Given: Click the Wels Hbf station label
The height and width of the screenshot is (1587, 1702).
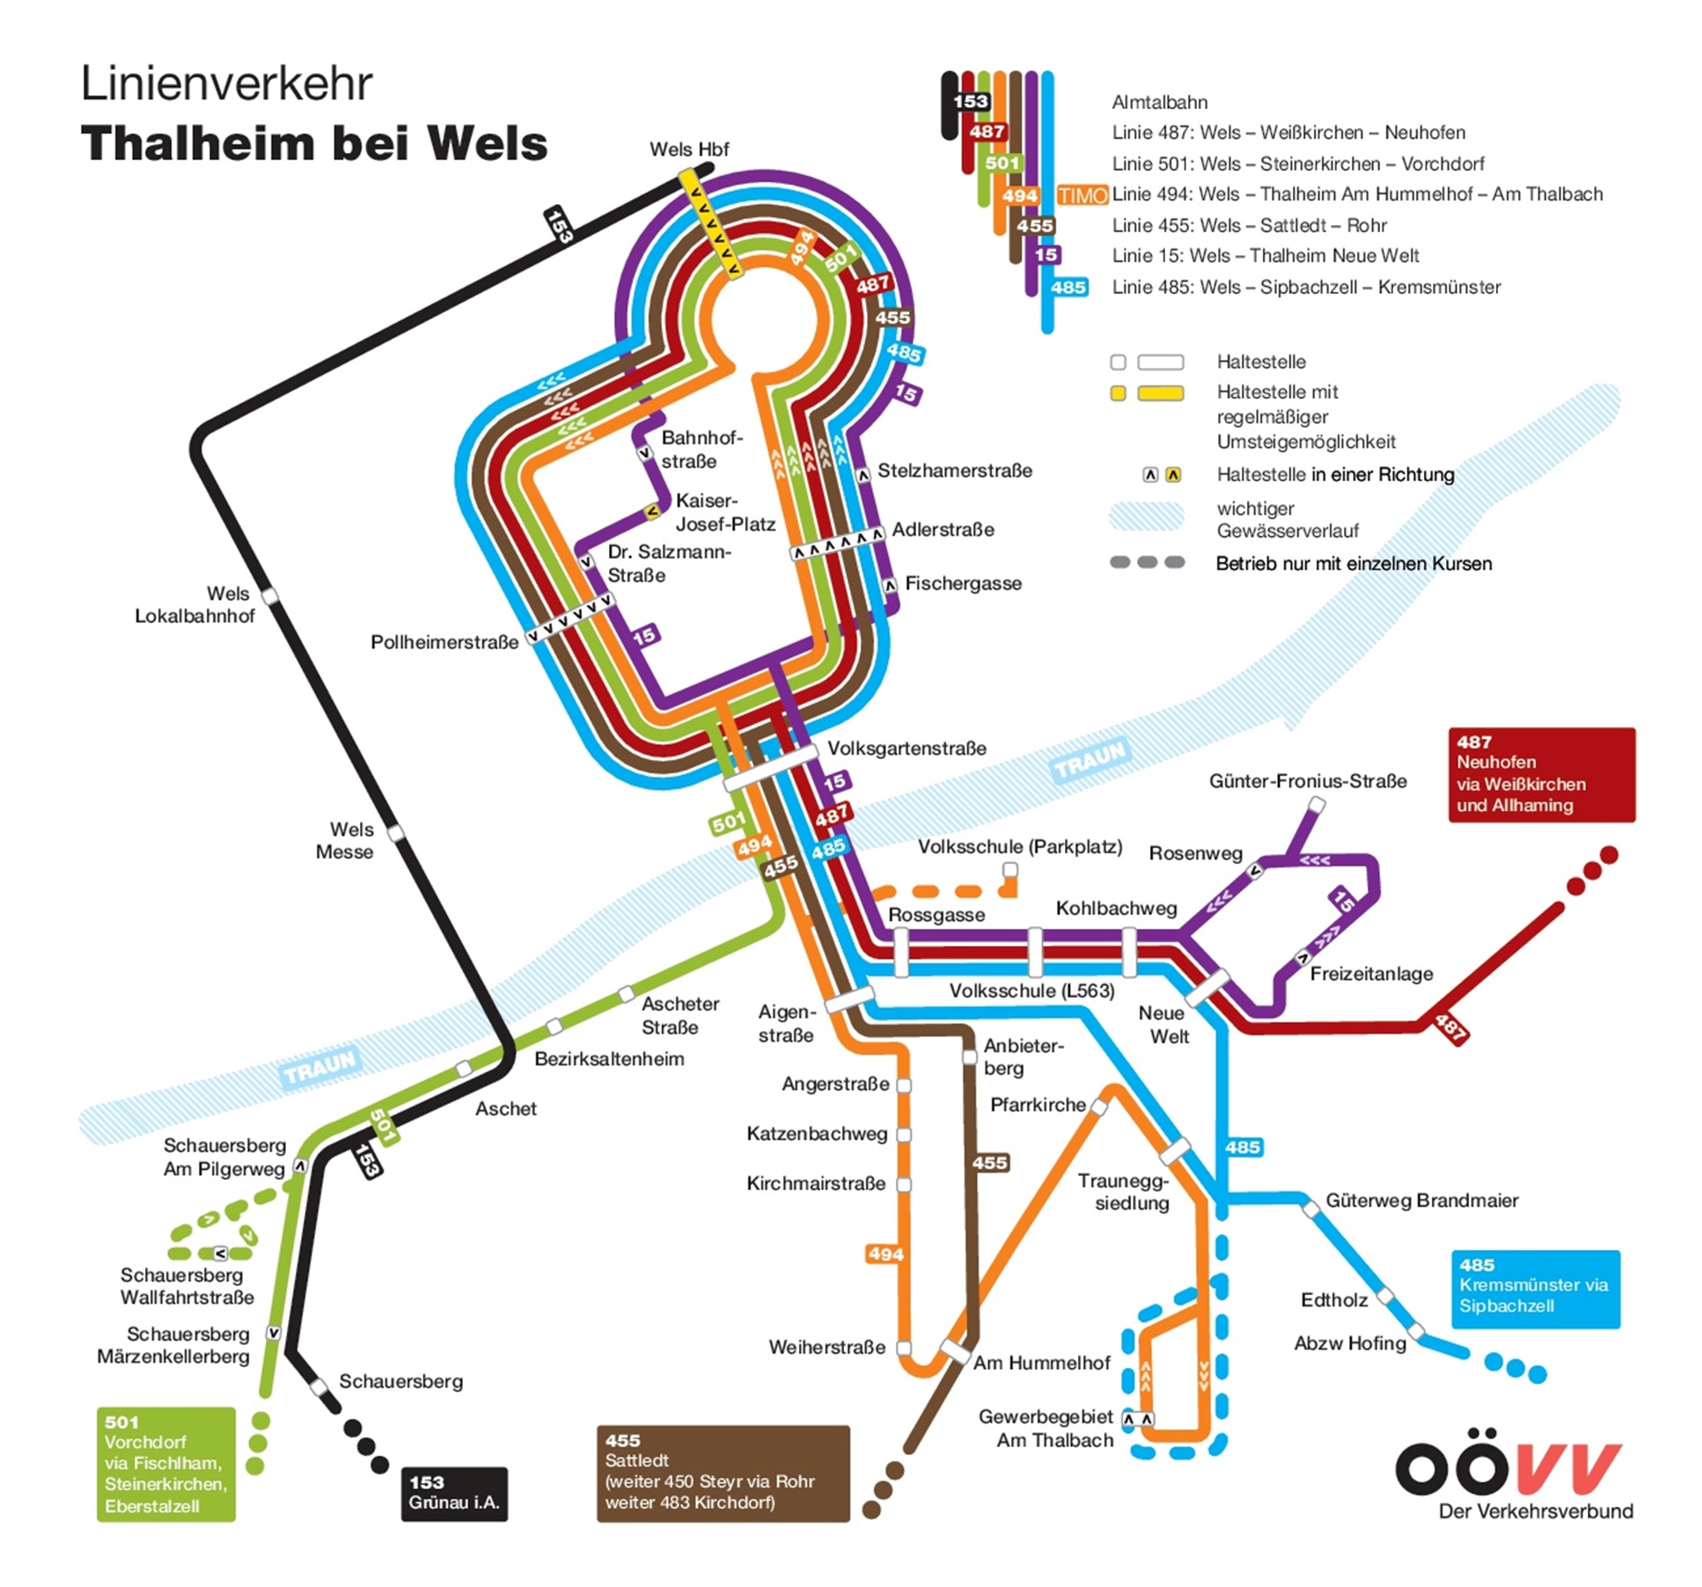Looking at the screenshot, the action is click(x=688, y=150).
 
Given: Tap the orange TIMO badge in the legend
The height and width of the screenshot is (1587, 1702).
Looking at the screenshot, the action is click(x=1082, y=195).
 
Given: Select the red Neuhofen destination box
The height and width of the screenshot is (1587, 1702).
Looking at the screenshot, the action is click(x=1541, y=774).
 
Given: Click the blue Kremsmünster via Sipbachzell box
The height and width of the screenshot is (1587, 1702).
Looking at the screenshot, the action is click(x=1535, y=1289).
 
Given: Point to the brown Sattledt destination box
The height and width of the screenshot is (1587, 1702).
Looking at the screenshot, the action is click(x=723, y=1473).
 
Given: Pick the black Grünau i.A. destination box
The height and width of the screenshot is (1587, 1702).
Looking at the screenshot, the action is click(x=454, y=1493).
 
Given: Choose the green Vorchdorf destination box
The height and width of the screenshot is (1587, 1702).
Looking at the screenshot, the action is click(x=166, y=1464).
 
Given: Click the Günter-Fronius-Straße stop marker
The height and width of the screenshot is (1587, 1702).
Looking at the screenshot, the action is click(x=1317, y=804).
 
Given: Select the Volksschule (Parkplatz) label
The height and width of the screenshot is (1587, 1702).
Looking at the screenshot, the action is click(x=1020, y=846).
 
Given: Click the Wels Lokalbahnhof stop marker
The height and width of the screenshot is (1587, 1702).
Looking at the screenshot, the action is click(x=270, y=597).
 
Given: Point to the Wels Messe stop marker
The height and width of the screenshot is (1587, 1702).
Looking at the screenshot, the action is click(x=396, y=832).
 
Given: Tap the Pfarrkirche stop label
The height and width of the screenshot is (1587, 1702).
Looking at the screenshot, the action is click(x=1038, y=1105).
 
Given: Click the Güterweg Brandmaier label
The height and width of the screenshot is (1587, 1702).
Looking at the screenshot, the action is click(x=1422, y=1201).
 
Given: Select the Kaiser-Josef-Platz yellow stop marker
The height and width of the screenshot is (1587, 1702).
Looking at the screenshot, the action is click(x=652, y=510).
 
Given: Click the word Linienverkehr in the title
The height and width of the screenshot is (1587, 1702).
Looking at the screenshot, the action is click(x=227, y=84).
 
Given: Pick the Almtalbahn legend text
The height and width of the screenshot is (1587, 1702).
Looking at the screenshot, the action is click(x=1160, y=102).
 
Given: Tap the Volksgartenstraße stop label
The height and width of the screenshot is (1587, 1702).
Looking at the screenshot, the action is click(x=906, y=749).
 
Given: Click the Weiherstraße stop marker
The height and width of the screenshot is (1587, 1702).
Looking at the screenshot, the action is click(x=904, y=1347).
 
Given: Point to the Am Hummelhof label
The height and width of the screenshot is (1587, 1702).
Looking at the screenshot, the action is click(x=1042, y=1363).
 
